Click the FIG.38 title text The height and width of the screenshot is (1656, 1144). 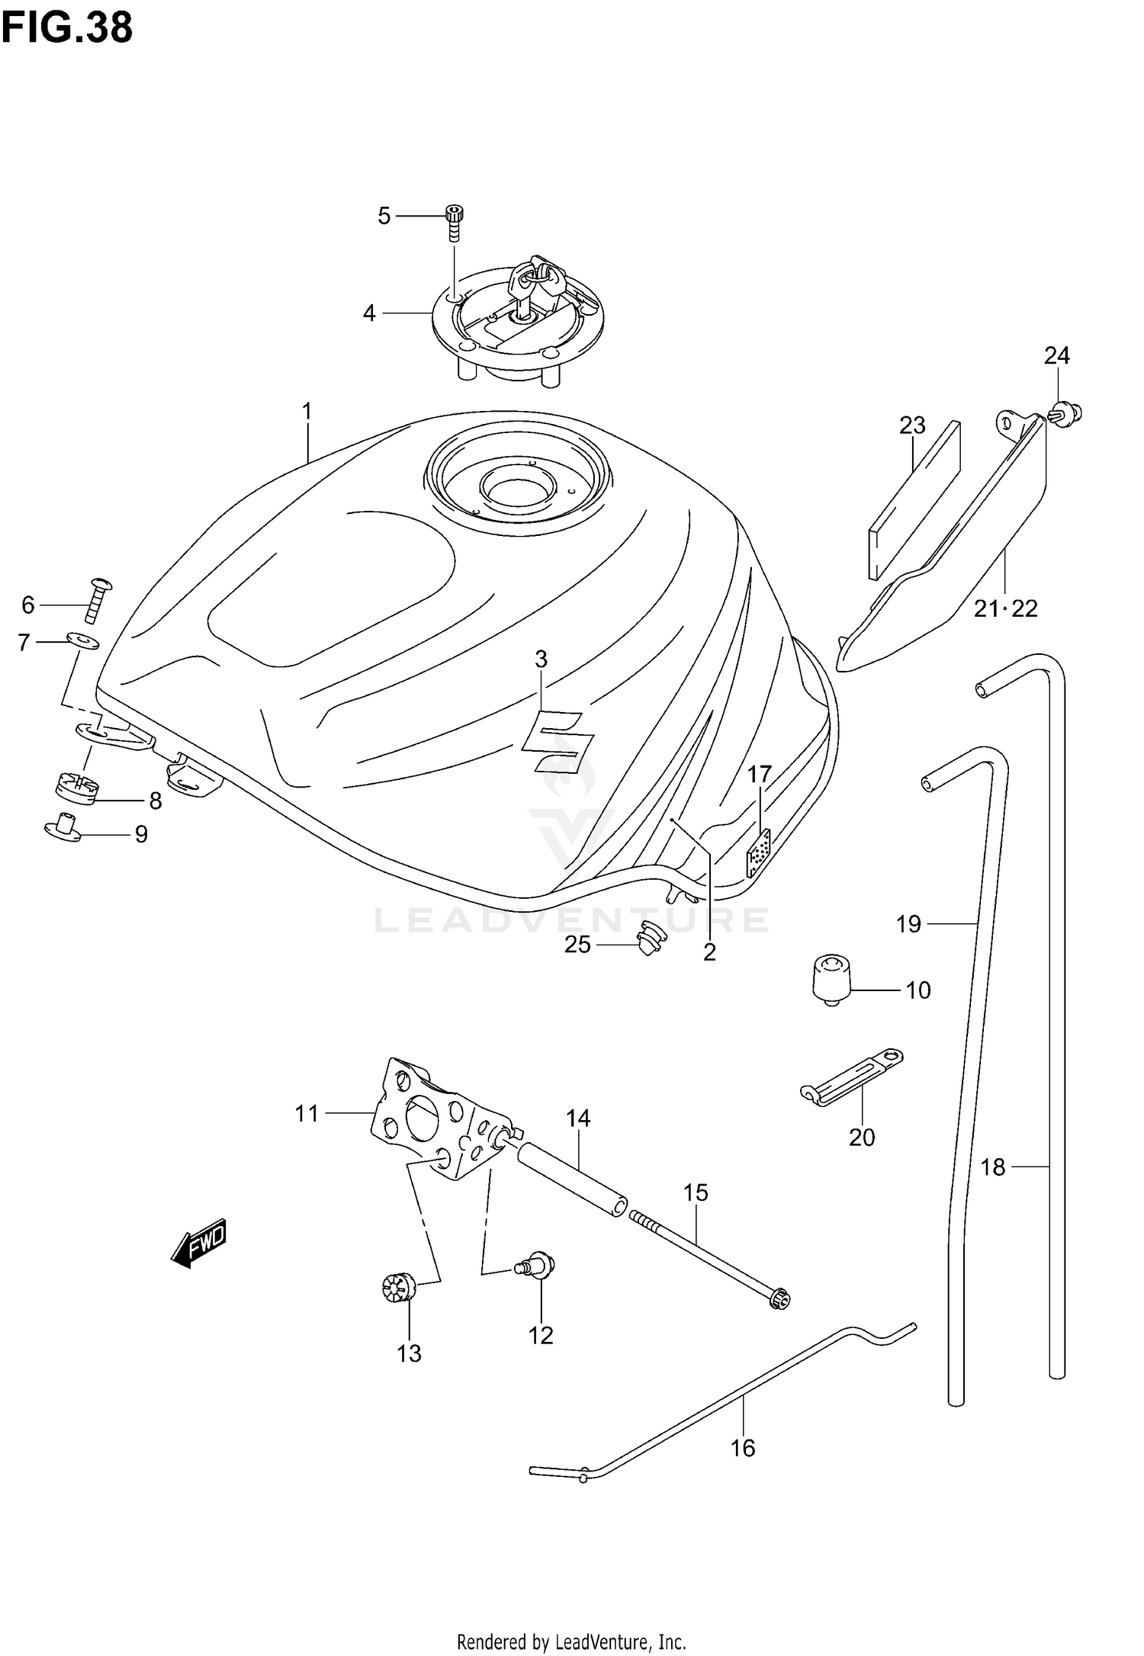coord(67,28)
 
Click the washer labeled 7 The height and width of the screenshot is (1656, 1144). coord(83,640)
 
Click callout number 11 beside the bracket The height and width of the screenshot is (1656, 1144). coord(307,1114)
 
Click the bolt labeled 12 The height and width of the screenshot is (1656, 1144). coord(538,1265)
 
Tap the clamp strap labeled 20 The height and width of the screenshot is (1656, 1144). coord(851,1076)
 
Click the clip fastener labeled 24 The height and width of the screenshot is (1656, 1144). coord(1067,414)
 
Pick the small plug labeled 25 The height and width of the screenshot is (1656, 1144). coord(649,939)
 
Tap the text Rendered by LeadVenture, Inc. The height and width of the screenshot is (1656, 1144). coord(571,1635)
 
